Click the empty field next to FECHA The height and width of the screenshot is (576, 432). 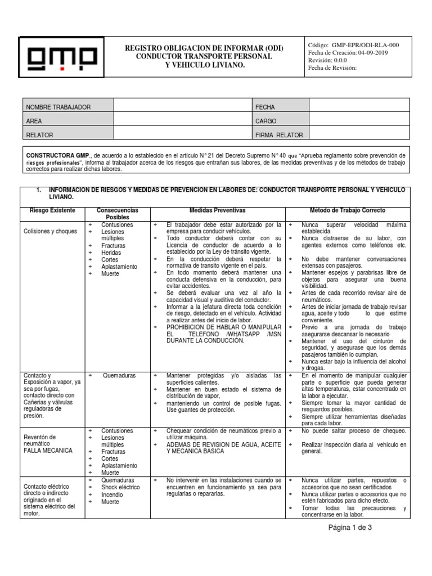[359, 106]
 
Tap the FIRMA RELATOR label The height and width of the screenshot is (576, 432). [279, 135]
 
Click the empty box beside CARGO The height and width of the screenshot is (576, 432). [359, 121]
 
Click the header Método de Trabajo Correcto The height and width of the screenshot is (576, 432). [348, 210]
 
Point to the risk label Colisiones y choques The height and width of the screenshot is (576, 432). [51, 231]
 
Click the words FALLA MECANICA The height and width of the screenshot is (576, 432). [48, 451]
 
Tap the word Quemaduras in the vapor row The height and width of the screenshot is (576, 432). [118, 376]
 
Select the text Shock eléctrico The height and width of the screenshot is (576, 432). [120, 488]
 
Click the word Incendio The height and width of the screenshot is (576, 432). [112, 495]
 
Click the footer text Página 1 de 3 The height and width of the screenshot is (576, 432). [350, 528]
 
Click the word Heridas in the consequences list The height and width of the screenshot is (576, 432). [111, 253]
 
